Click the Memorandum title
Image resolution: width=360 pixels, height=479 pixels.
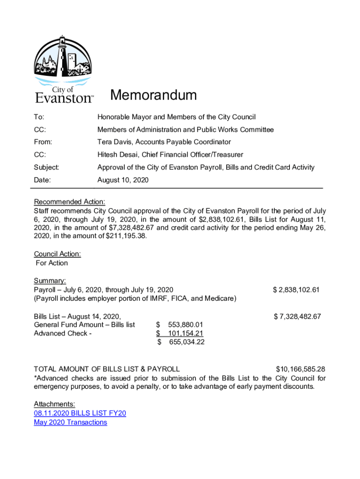(x=153, y=96)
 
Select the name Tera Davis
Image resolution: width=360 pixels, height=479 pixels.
(x=115, y=142)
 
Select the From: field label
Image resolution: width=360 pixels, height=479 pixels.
(x=43, y=142)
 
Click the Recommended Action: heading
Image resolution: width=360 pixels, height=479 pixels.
(x=70, y=202)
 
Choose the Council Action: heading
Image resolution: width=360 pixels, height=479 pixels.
(x=58, y=254)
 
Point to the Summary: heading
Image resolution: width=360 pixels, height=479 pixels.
(x=50, y=281)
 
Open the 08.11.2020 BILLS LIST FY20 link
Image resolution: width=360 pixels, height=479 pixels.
(x=80, y=413)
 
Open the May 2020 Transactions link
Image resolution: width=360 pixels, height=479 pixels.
(x=71, y=422)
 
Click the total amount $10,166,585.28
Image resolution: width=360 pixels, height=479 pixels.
(x=300, y=369)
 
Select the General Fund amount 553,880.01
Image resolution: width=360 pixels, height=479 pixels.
(x=185, y=325)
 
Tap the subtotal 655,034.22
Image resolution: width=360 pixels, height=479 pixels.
(x=186, y=342)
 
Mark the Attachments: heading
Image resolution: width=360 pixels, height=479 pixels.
(x=54, y=404)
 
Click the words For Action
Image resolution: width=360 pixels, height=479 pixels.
(x=52, y=263)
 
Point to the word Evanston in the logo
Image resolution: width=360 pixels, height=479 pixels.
(x=63, y=98)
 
